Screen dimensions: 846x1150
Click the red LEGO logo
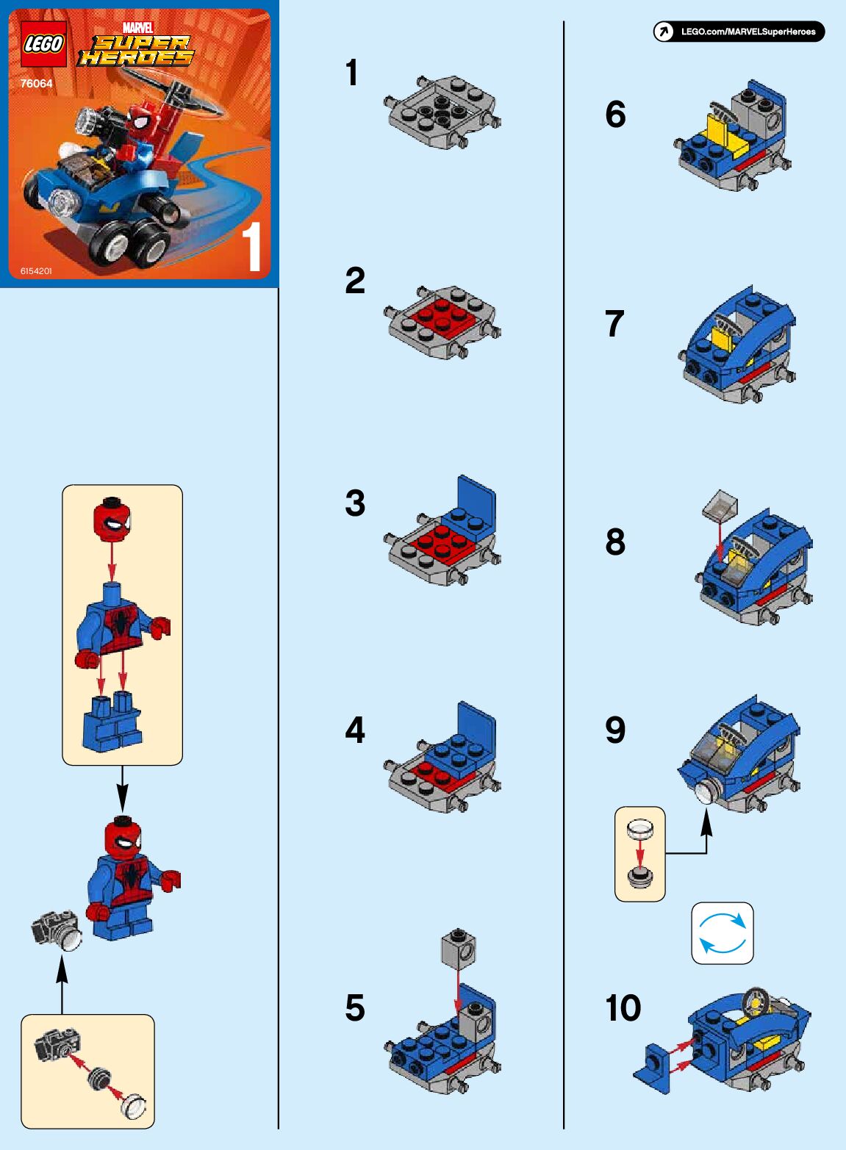pyautogui.click(x=43, y=44)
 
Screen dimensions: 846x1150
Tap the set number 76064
pyautogui.click(x=37, y=83)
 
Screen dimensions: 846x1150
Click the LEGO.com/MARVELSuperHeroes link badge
pyautogui.click(x=739, y=32)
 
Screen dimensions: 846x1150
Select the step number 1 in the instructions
pyautogui.click(x=352, y=73)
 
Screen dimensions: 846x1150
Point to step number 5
pyautogui.click(x=355, y=1008)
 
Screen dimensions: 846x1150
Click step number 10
pyautogui.click(x=623, y=1007)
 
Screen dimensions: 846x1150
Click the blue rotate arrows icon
pyautogui.click(x=723, y=932)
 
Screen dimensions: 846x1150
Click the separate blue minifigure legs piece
pyautogui.click(x=112, y=721)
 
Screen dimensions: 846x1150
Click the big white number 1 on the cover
pyautogui.click(x=252, y=246)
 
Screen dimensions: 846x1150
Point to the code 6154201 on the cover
pyautogui.click(x=36, y=270)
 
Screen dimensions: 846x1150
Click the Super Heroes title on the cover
pyautogui.click(x=136, y=51)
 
